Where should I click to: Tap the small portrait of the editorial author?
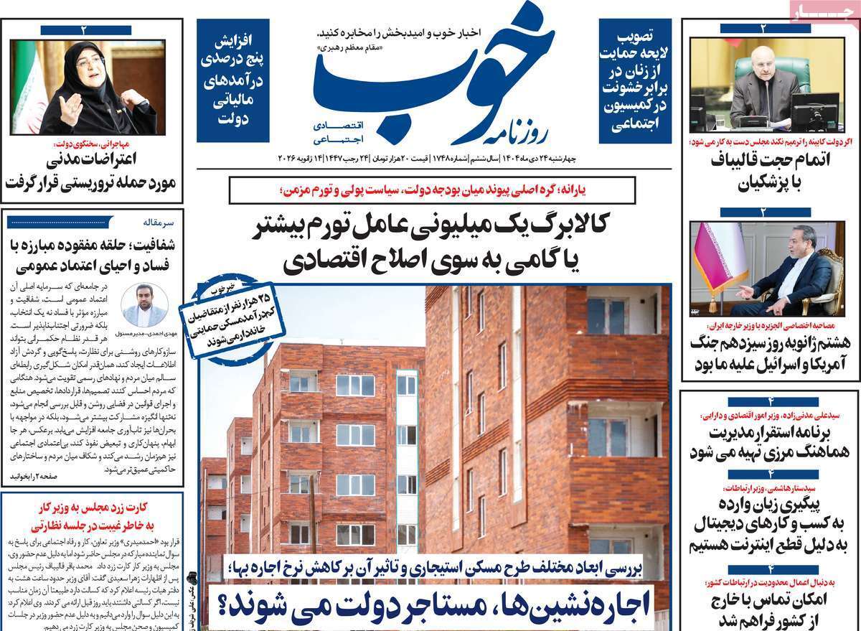click(145, 304)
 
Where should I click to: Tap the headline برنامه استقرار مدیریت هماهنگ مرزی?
click(769, 442)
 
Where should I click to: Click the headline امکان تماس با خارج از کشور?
click(769, 609)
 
